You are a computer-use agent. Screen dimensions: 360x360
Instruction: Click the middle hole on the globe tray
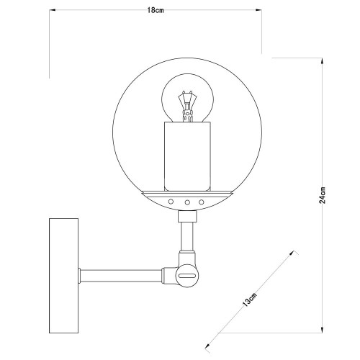coord(187,202)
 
